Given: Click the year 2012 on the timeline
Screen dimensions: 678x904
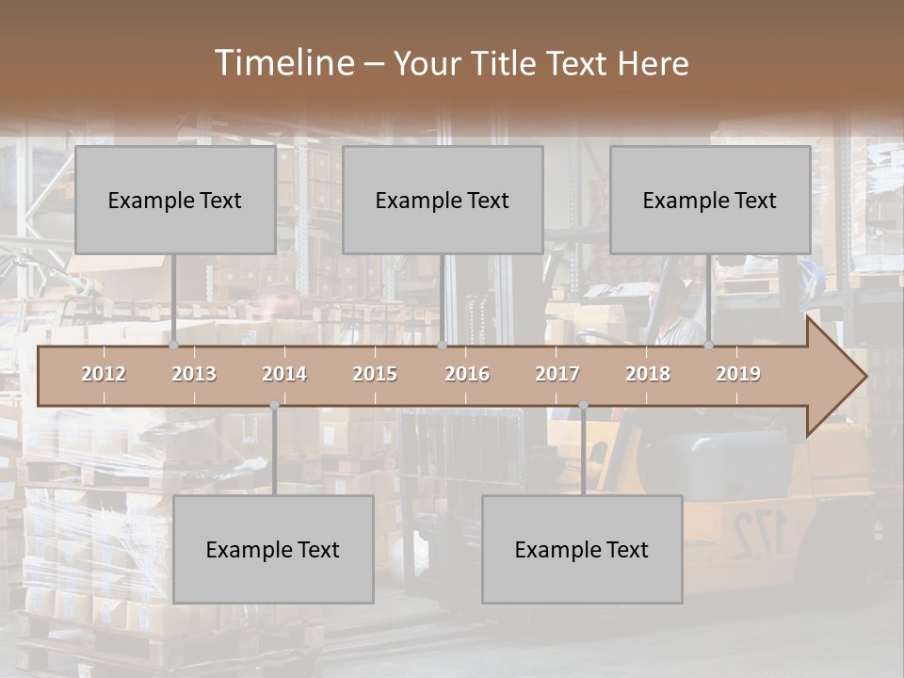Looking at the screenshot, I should point(104,374).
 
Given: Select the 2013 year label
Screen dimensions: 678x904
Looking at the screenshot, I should point(194,374).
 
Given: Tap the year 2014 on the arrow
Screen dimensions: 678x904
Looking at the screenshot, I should point(284,374).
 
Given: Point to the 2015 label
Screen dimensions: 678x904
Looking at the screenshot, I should point(375,374).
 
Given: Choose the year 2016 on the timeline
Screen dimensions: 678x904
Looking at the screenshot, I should point(467,374).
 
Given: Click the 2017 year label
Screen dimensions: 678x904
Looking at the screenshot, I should point(557,374).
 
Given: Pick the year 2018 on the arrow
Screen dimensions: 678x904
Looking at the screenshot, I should point(648,374).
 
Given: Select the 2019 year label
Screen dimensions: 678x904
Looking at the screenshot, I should point(738,374).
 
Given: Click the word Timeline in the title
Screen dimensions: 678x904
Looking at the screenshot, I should point(283,63).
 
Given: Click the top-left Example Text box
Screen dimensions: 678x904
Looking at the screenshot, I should point(175,200).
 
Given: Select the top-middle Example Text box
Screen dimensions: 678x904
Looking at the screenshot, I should point(443,200).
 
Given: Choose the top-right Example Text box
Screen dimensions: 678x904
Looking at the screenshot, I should point(710,200).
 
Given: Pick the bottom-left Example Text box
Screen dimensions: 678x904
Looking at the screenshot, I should point(273,549).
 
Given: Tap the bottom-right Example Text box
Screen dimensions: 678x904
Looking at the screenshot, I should point(582,549).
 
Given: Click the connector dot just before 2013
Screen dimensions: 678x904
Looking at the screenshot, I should point(174,346).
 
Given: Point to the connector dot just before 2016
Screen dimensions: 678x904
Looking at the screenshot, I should point(442,346).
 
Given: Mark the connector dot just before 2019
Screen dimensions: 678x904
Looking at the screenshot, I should point(709,346).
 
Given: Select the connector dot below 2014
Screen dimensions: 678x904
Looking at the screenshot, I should point(274,405).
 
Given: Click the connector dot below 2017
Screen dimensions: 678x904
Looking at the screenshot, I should point(583,405).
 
